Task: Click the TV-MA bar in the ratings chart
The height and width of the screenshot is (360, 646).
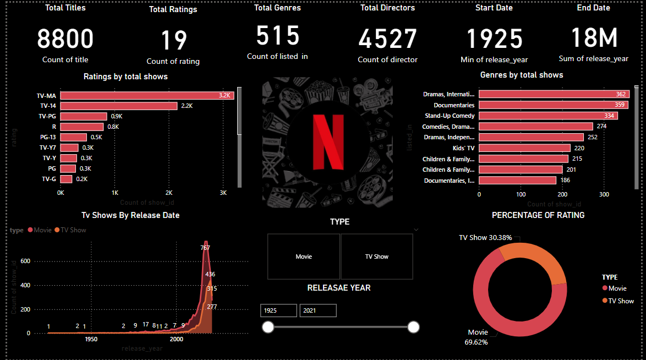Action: pyautogui.click(x=147, y=96)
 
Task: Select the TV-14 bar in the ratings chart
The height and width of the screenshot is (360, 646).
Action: pyautogui.click(x=119, y=106)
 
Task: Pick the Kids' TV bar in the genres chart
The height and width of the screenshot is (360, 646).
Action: pyautogui.click(x=524, y=148)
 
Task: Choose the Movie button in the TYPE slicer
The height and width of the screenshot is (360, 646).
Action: pyautogui.click(x=304, y=257)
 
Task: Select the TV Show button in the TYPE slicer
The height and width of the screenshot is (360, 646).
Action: pyautogui.click(x=377, y=257)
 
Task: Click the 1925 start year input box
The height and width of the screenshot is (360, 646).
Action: pyautogui.click(x=278, y=310)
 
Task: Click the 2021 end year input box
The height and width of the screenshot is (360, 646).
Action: pyautogui.click(x=318, y=310)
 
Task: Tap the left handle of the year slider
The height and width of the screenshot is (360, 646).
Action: pyautogui.click(x=268, y=328)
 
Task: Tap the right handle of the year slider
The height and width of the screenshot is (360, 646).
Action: pyautogui.click(x=414, y=328)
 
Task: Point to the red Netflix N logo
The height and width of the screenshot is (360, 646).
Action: pyautogui.click(x=328, y=142)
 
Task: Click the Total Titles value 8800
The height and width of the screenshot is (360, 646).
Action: pyautogui.click(x=65, y=40)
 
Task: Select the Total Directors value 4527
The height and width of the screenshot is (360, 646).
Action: pyautogui.click(x=388, y=40)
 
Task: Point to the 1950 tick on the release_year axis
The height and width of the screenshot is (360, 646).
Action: pyautogui.click(x=91, y=339)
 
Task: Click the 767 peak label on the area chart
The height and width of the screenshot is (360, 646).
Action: pyautogui.click(x=206, y=248)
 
